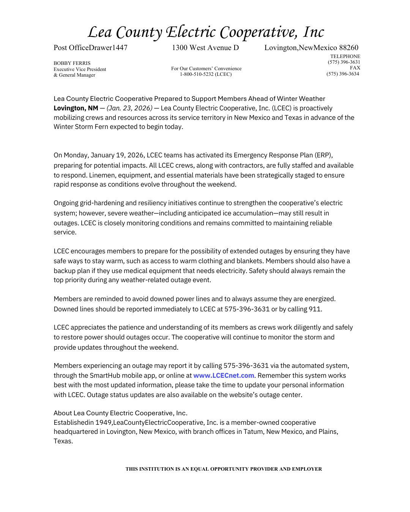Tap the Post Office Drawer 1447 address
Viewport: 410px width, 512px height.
pos(90,48)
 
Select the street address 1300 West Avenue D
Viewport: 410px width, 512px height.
pos(205,48)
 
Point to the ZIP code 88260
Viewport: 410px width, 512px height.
pos(348,48)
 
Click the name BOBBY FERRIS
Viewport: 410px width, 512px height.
pos(72,63)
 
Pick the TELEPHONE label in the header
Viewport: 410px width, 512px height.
pos(345,57)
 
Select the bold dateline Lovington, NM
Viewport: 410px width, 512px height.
pos(76,108)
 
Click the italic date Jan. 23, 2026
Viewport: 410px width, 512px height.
pos(129,108)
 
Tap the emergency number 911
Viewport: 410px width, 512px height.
pos(315,309)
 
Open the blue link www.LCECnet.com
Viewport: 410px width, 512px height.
pos(224,375)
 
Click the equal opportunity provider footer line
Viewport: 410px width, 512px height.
pos(224,469)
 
